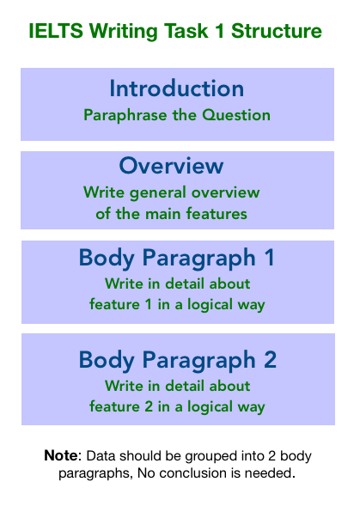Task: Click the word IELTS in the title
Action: (56, 31)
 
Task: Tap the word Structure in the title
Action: (277, 31)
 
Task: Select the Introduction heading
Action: (177, 88)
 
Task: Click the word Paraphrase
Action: (125, 115)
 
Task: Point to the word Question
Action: (236, 115)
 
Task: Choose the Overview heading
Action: (171, 166)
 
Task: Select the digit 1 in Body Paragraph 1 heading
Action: (269, 258)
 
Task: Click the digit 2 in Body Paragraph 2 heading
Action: (271, 359)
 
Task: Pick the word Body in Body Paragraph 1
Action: (107, 259)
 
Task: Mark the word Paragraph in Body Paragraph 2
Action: (199, 361)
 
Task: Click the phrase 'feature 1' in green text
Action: (120, 304)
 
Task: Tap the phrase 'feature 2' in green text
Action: (121, 406)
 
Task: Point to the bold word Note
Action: (61, 455)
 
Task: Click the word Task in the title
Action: (186, 31)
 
